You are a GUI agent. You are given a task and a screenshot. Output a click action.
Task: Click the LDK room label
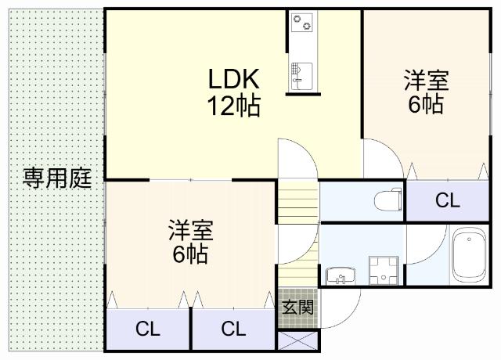point(233,78)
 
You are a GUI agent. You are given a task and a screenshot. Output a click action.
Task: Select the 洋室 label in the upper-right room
point(426,81)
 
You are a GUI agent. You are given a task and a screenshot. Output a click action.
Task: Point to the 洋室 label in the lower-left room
point(191,231)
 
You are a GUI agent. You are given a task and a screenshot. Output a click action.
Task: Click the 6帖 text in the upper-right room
point(426,103)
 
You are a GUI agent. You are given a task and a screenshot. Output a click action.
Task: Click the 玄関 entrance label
point(298,306)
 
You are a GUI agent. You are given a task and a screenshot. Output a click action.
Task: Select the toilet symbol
point(384,200)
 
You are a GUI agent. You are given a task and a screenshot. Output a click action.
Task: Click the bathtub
point(469,255)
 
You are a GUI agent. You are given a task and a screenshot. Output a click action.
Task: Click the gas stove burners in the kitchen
point(301,24)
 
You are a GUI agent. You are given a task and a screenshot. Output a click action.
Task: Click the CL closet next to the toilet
point(448,200)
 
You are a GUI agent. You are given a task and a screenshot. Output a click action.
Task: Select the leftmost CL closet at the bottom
point(148,329)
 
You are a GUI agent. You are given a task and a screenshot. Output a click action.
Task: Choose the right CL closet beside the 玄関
point(233,329)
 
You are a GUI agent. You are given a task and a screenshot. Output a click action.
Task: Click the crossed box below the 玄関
point(298,341)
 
